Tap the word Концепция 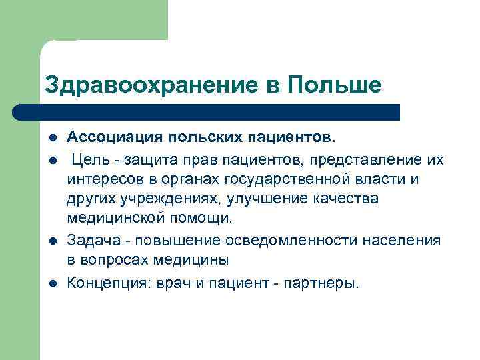click(x=108, y=282)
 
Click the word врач click(x=170, y=282)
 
